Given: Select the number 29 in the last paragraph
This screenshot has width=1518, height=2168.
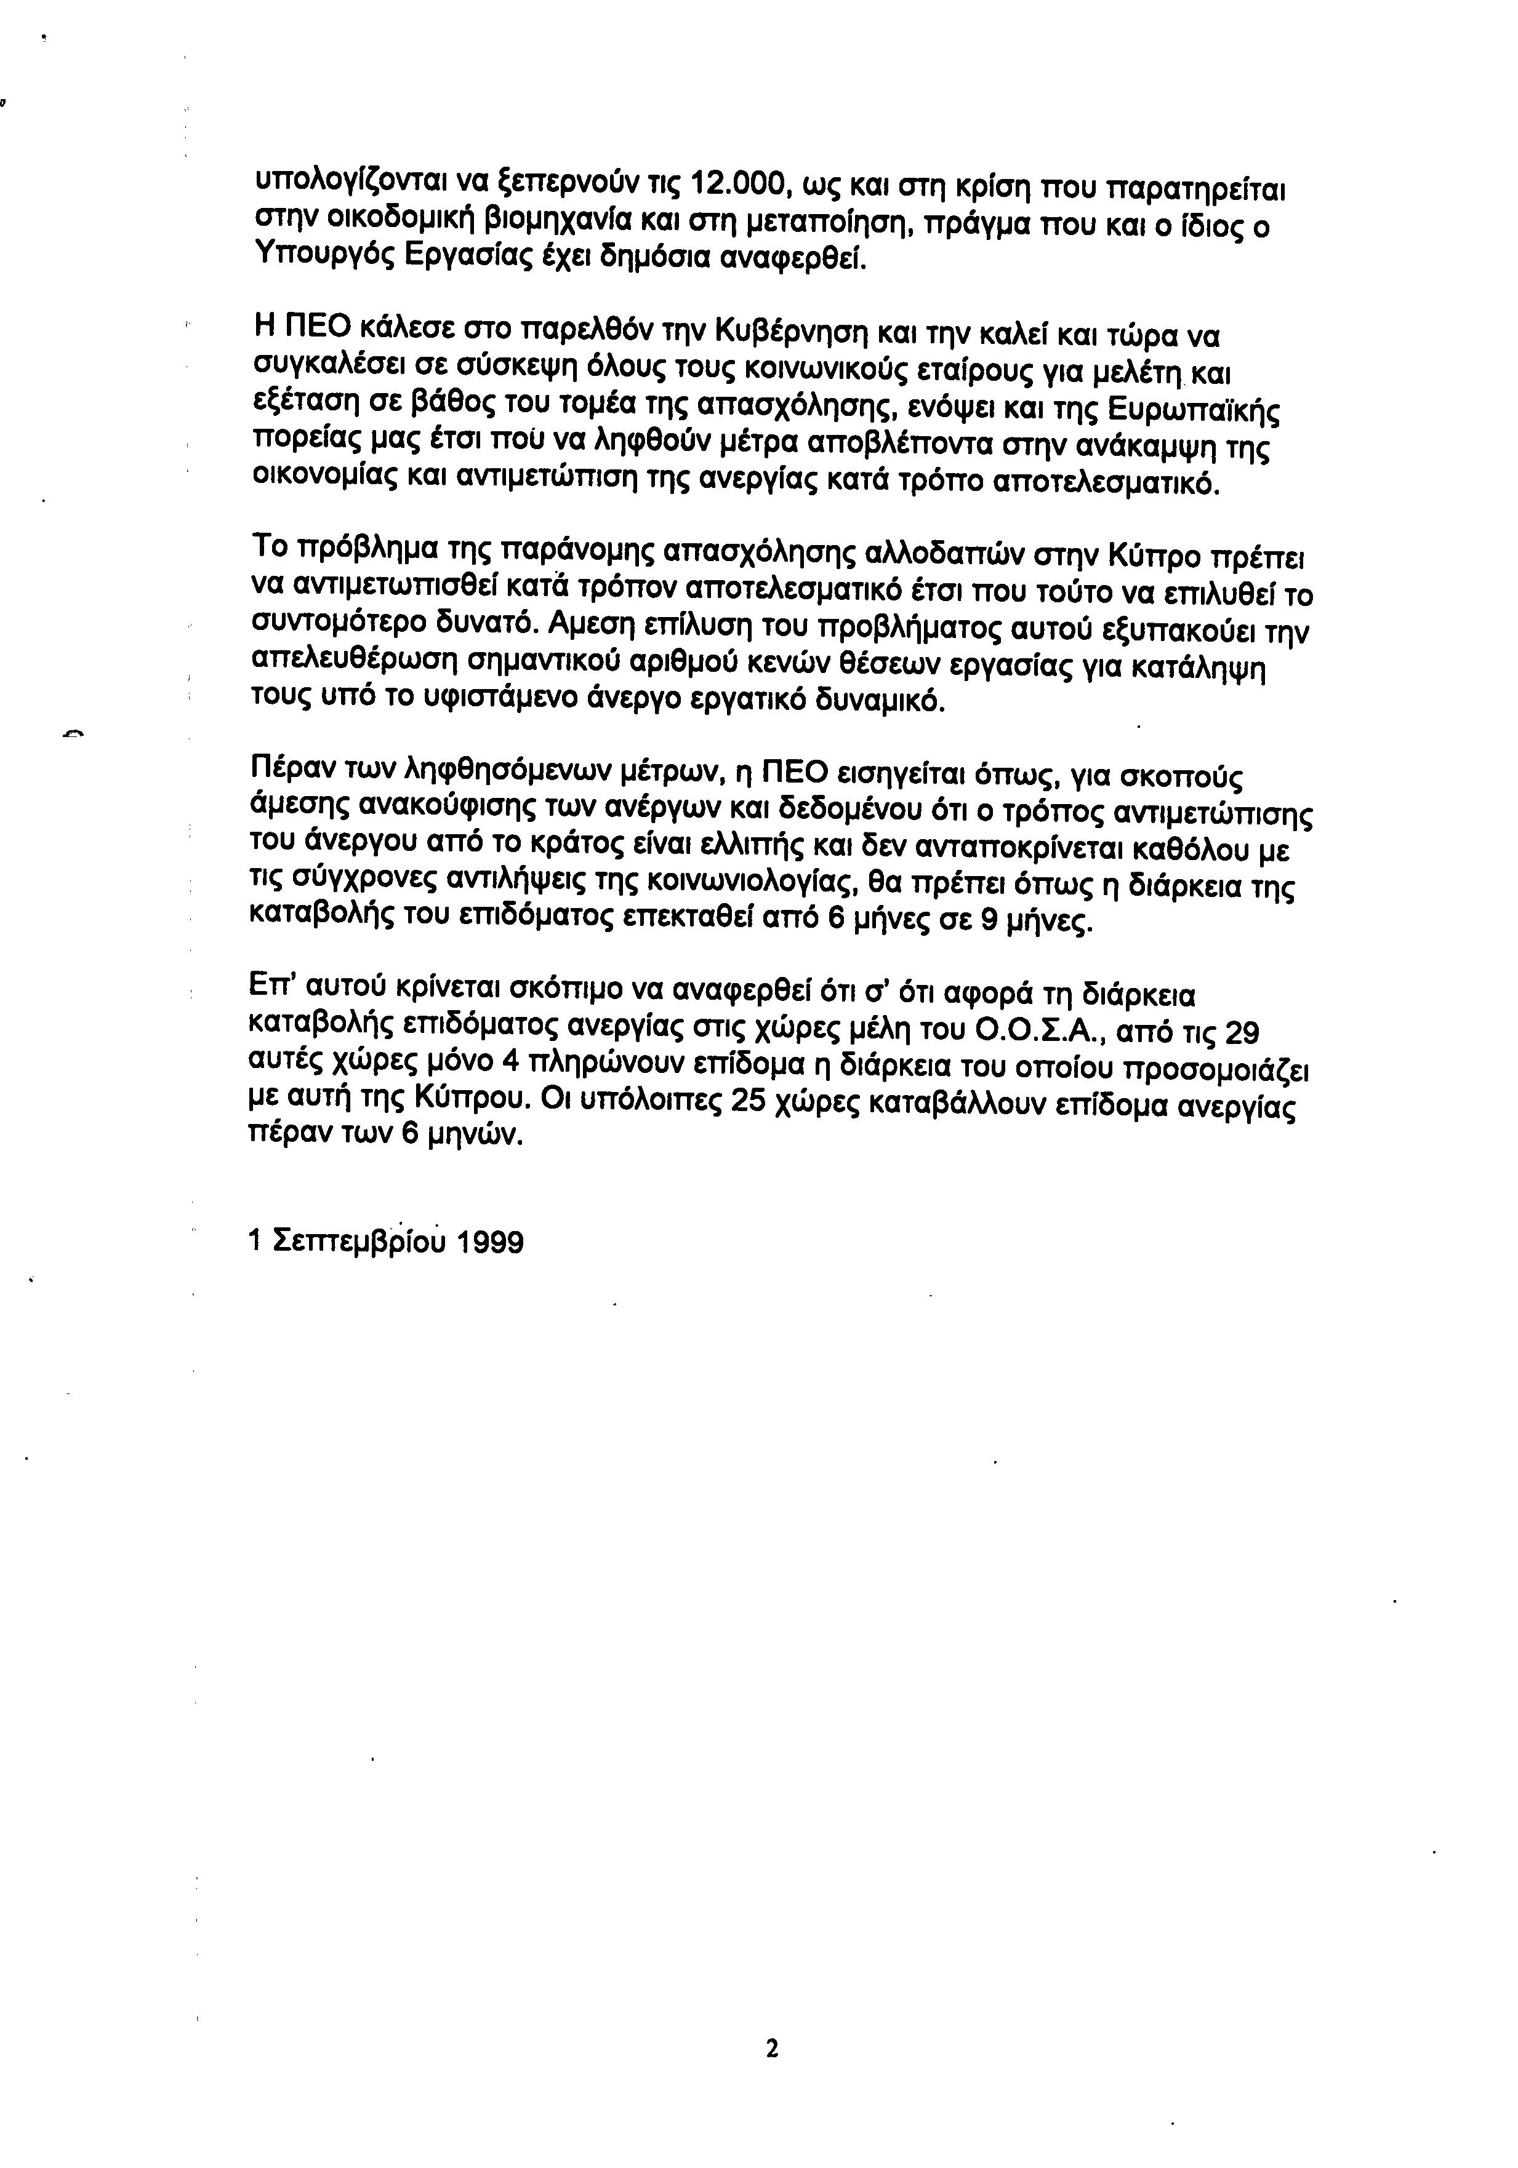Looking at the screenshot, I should [1241, 1033].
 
